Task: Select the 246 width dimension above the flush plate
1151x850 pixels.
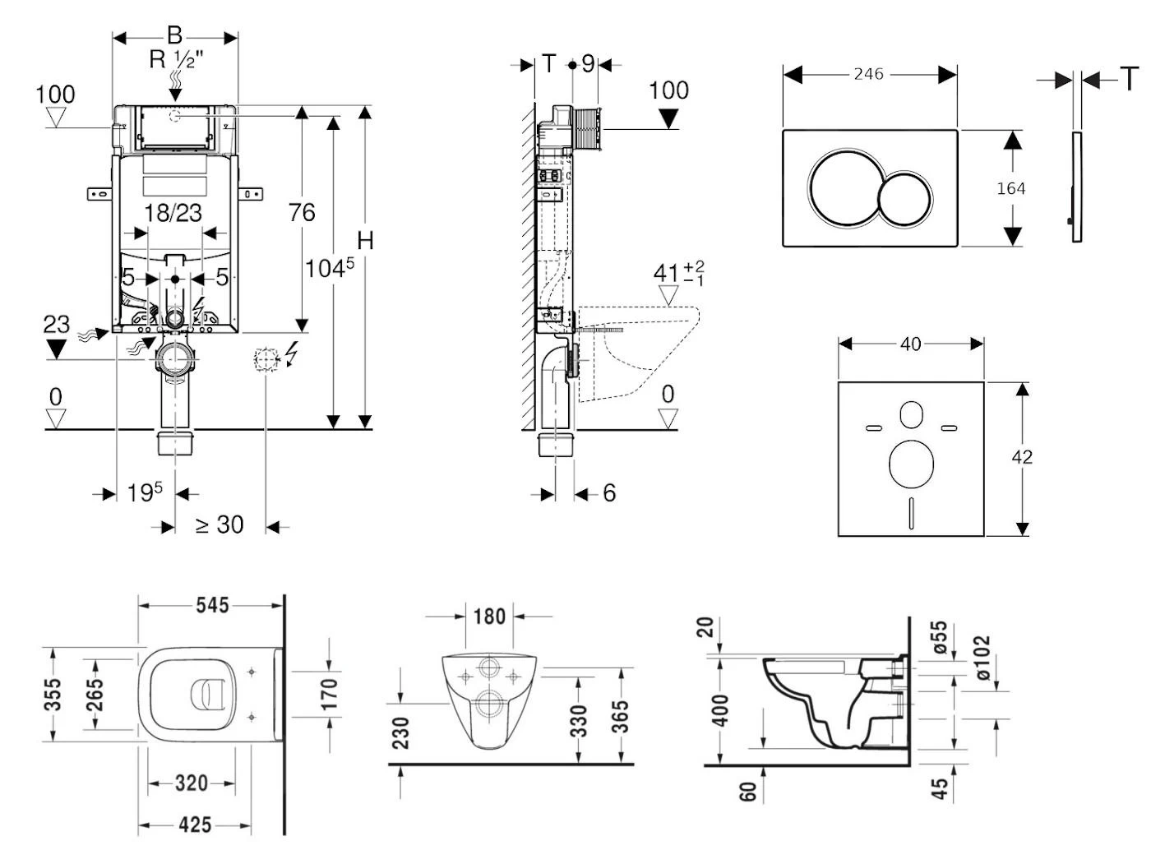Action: [x=868, y=75]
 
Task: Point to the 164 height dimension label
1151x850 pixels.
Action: [x=1010, y=188]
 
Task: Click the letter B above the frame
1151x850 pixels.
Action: [x=174, y=35]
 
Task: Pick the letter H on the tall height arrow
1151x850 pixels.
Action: [x=365, y=241]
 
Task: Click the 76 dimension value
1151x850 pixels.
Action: [x=302, y=213]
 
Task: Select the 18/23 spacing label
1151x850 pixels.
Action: [x=173, y=213]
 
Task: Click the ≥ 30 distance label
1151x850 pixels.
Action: [x=220, y=524]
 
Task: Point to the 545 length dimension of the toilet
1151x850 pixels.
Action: [x=212, y=606]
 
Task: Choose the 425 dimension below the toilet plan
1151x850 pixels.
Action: [x=195, y=825]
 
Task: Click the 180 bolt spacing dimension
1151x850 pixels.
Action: [x=489, y=616]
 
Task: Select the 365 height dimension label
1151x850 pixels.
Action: [x=621, y=717]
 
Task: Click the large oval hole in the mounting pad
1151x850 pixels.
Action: [x=911, y=463]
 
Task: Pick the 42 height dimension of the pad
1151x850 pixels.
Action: [x=1022, y=457]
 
